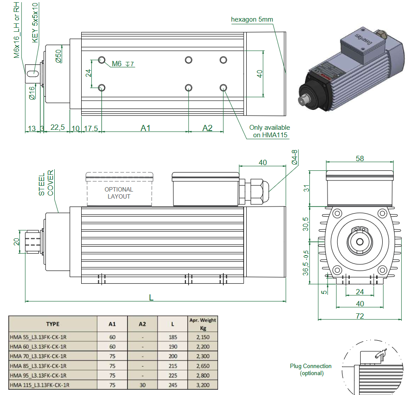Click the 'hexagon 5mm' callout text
click(x=252, y=19)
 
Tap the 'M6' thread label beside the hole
click(x=117, y=64)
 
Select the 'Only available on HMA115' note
click(x=269, y=132)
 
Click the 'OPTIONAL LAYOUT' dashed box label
click(x=119, y=193)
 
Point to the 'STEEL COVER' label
click(x=47, y=183)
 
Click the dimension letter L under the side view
click(x=151, y=297)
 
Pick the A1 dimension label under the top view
click(x=146, y=128)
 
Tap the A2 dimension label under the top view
click(x=207, y=128)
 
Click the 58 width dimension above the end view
click(x=360, y=158)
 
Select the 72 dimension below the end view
click(x=360, y=316)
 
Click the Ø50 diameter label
click(x=58, y=56)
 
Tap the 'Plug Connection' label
click(x=311, y=366)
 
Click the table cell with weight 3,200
click(x=203, y=385)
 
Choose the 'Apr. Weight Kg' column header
click(x=203, y=324)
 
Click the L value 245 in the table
click(x=173, y=385)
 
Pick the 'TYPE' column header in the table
click(x=53, y=324)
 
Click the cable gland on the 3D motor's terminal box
click(x=380, y=34)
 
